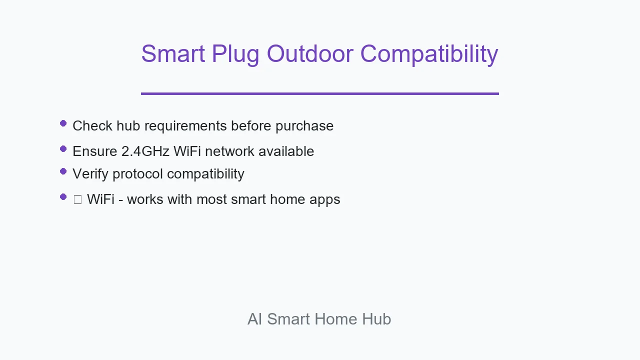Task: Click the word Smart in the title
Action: pyautogui.click(x=173, y=53)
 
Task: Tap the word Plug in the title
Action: pyautogui.click(x=235, y=56)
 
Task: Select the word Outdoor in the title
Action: pyautogui.click(x=310, y=53)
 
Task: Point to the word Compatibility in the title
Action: pyautogui.click(x=429, y=55)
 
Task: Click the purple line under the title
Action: pyautogui.click(x=320, y=93)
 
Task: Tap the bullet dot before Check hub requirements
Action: pyautogui.click(x=63, y=123)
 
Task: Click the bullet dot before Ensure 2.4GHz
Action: pyautogui.click(x=63, y=149)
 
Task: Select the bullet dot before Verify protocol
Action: pyautogui.click(x=63, y=171)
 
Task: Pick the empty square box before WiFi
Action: pyautogui.click(x=77, y=199)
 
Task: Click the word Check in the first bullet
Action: pyautogui.click(x=92, y=125)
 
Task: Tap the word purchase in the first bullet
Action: pyautogui.click(x=304, y=127)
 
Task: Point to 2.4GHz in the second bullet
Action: pyautogui.click(x=145, y=151)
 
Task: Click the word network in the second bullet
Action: pyautogui.click(x=229, y=151)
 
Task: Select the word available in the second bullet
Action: pyautogui.click(x=286, y=151)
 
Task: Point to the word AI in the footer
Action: pyautogui.click(x=255, y=319)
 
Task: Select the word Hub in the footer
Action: pyautogui.click(x=376, y=319)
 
